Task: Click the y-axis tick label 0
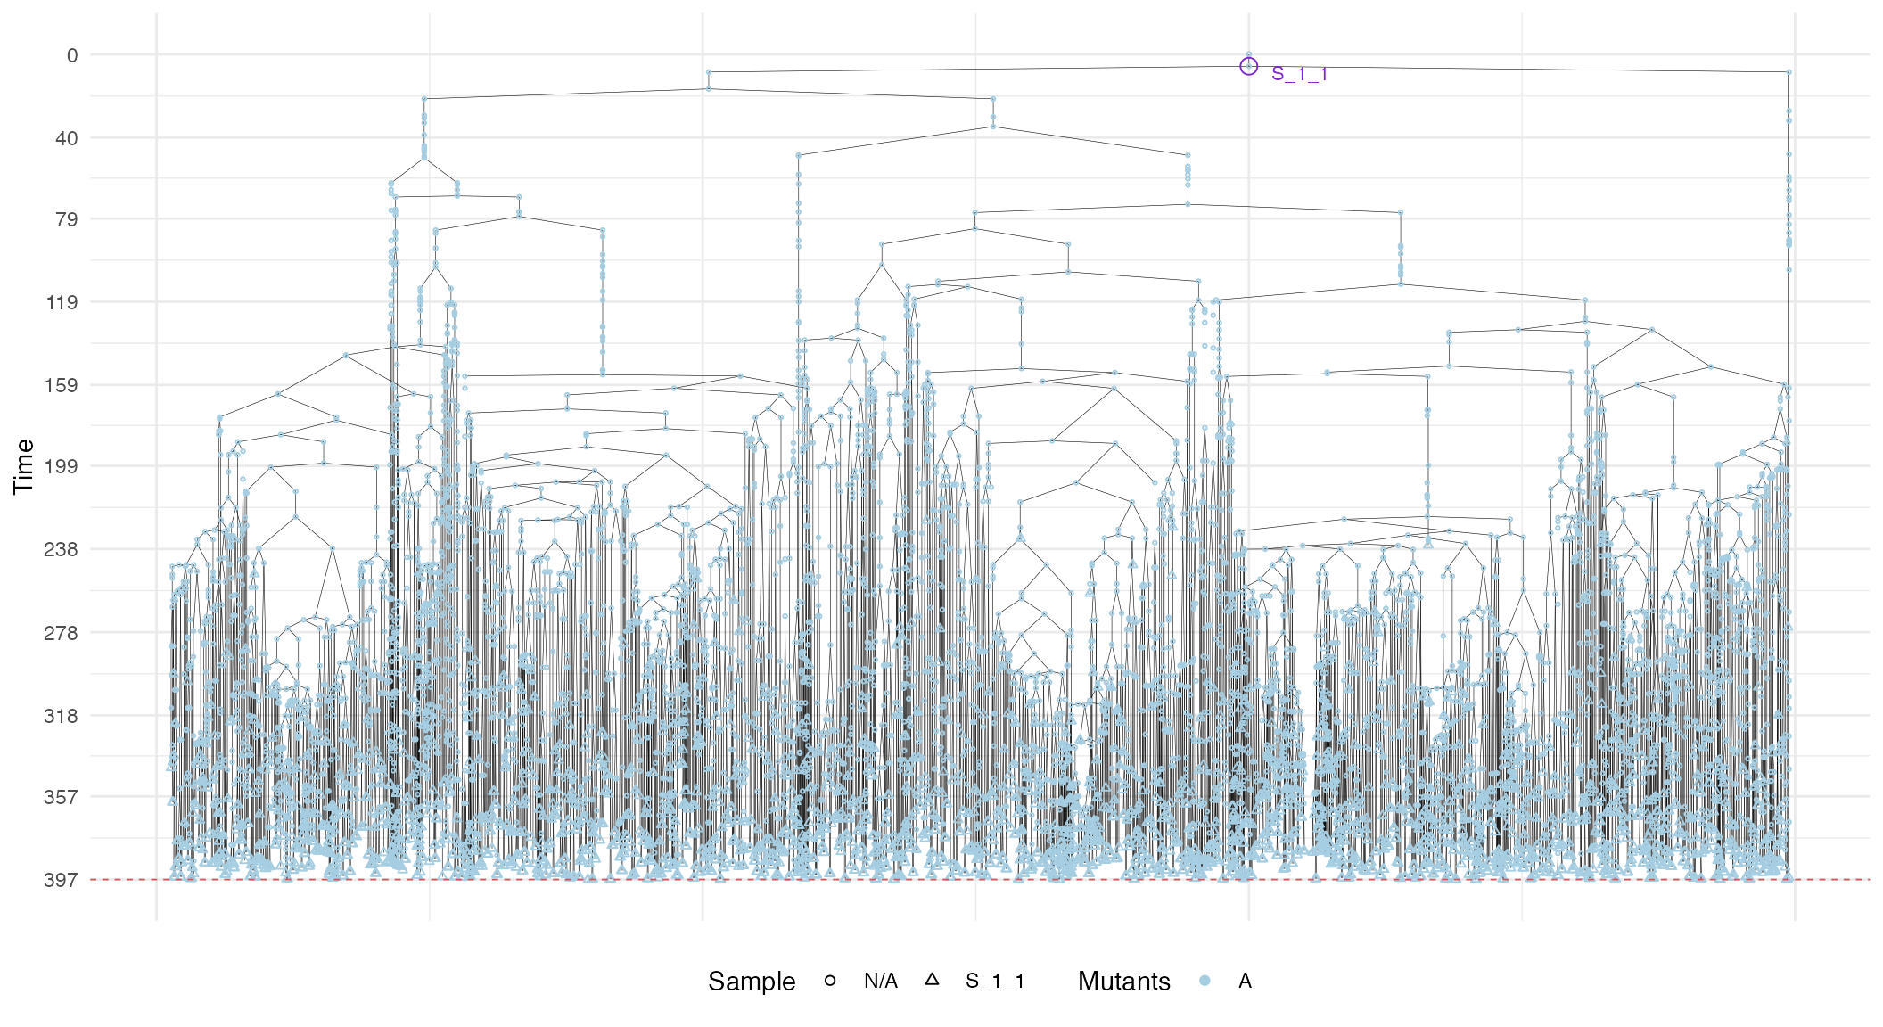pyautogui.click(x=72, y=55)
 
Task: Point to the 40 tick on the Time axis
pyautogui.click(x=67, y=138)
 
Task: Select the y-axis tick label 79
pyautogui.click(x=67, y=219)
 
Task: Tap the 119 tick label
pyautogui.click(x=62, y=302)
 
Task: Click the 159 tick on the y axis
pyautogui.click(x=62, y=385)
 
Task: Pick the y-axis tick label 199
pyautogui.click(x=62, y=466)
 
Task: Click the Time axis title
pyautogui.click(x=24, y=466)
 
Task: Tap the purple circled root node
pyautogui.click(x=1248, y=66)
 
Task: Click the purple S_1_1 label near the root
pyautogui.click(x=1299, y=74)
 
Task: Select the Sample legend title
pyautogui.click(x=752, y=982)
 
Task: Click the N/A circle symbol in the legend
pyautogui.click(x=830, y=981)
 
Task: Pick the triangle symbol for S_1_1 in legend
pyautogui.click(x=932, y=980)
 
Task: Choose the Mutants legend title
pyautogui.click(x=1123, y=982)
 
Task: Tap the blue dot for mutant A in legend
pyautogui.click(x=1205, y=981)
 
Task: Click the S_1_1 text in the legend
pyautogui.click(x=995, y=982)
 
